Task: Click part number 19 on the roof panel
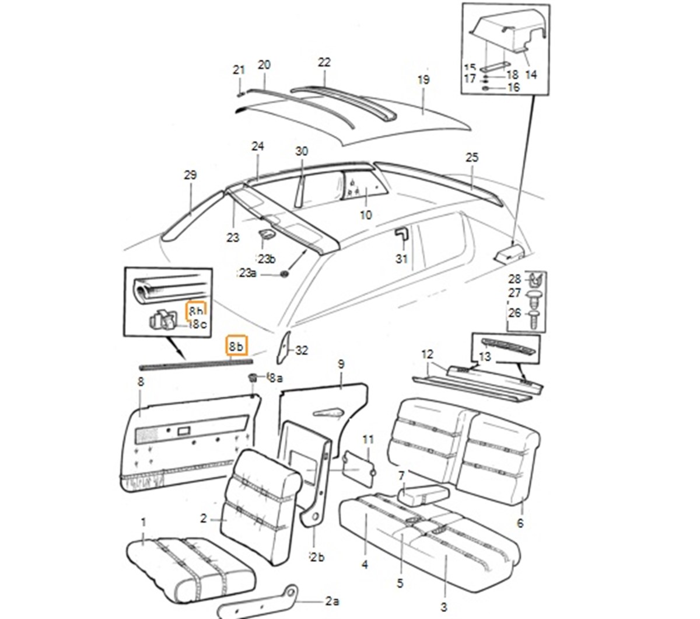(423, 79)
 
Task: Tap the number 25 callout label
(472, 157)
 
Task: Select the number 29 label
(190, 175)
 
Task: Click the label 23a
(247, 273)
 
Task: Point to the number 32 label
(302, 350)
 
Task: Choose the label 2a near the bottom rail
(332, 601)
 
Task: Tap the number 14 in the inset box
(531, 74)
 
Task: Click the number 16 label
(513, 88)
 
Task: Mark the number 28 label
(514, 279)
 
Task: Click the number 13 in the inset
(485, 357)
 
